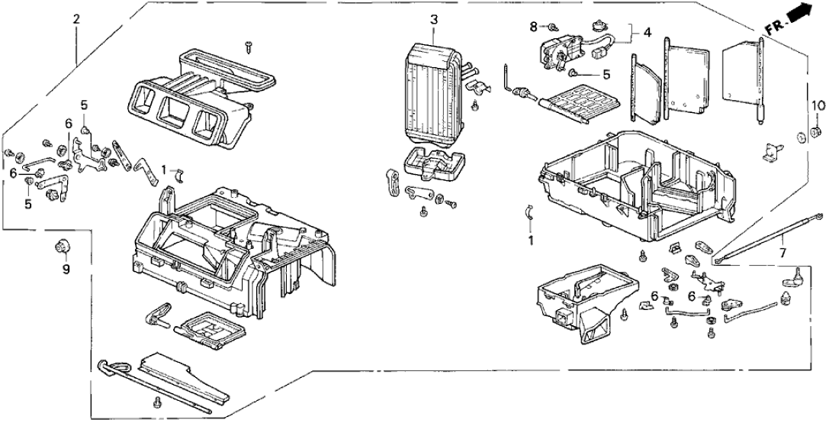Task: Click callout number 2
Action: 76,19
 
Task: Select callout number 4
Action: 647,33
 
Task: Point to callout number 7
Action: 782,252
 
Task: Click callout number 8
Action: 533,27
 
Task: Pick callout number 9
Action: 65,270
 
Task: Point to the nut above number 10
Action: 815,134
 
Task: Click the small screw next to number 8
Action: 552,27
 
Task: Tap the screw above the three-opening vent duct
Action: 249,47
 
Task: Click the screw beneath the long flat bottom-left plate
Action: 158,402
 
